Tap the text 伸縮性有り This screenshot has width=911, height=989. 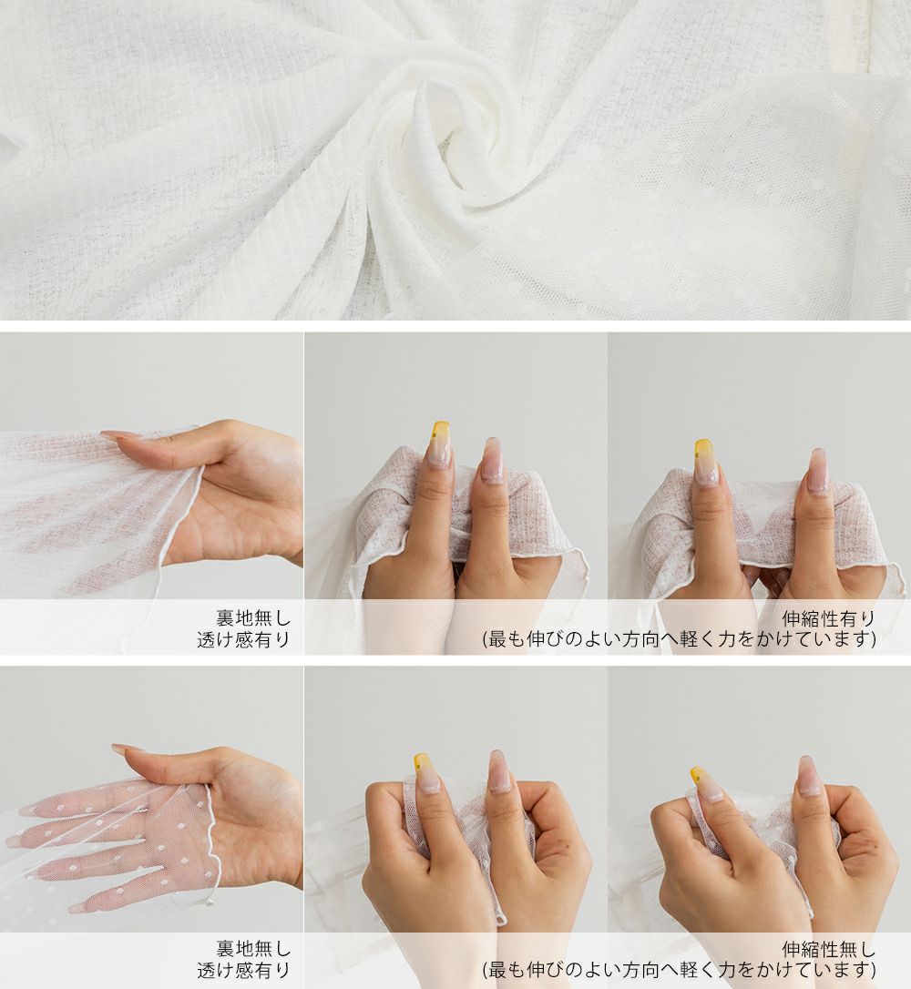(828, 618)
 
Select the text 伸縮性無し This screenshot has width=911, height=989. (828, 949)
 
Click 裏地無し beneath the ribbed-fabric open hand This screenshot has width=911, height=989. (253, 618)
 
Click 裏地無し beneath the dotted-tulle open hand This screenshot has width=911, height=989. (253, 949)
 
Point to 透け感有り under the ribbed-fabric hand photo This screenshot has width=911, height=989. (243, 639)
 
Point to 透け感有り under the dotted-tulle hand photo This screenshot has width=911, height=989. (243, 970)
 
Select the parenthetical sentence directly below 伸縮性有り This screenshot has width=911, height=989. (679, 639)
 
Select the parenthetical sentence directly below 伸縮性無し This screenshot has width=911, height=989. (679, 970)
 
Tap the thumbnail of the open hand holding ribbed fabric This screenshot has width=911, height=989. (151, 494)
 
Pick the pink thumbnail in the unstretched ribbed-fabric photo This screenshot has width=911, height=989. (493, 461)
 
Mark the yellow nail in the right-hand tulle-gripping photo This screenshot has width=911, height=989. (704, 784)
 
